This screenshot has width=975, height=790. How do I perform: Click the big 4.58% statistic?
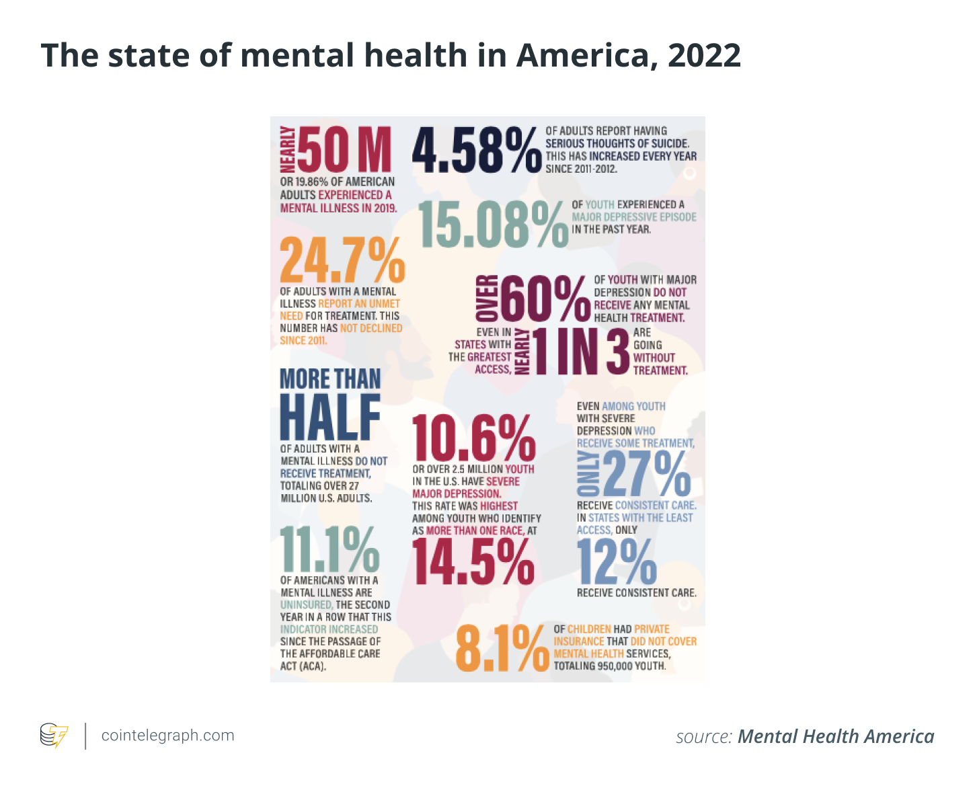point(476,150)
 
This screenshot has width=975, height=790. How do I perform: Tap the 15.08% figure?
point(493,225)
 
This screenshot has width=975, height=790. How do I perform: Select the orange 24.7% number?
point(342,260)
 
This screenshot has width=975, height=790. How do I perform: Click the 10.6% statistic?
point(473,438)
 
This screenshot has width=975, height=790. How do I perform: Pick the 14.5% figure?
point(473,562)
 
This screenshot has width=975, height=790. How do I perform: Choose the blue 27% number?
point(646,473)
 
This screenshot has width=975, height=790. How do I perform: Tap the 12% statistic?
point(617,562)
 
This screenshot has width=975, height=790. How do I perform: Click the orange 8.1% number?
point(502,648)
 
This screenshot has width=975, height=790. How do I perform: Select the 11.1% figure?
point(329,549)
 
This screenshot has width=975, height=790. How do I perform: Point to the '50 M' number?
point(344,150)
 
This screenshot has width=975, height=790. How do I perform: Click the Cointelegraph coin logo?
point(54,735)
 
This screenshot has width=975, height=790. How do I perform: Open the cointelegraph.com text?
point(167,736)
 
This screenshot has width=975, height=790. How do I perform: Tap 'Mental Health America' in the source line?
point(836,737)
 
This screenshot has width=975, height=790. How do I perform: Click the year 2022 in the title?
point(704,55)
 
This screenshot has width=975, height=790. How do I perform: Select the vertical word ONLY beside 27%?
point(588,473)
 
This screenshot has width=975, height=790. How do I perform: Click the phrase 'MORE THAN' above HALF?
point(330,379)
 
